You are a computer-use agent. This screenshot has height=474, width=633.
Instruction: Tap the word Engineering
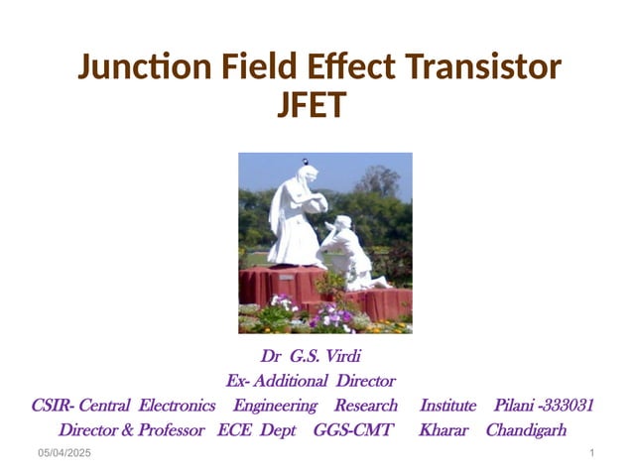tap(275, 406)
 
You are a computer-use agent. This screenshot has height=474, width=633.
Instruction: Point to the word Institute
tap(448, 406)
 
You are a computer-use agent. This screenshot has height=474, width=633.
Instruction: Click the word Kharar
tap(443, 430)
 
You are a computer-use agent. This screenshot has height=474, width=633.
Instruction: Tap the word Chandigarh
tap(526, 430)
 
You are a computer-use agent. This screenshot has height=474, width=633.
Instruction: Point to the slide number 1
tap(591, 453)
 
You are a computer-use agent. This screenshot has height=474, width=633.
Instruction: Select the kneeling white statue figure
tap(349, 253)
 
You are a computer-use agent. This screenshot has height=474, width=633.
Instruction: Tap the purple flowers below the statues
tap(329, 315)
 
